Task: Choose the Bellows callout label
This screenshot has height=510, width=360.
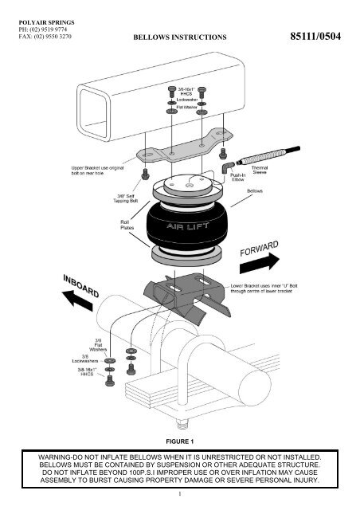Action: [x=256, y=192]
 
